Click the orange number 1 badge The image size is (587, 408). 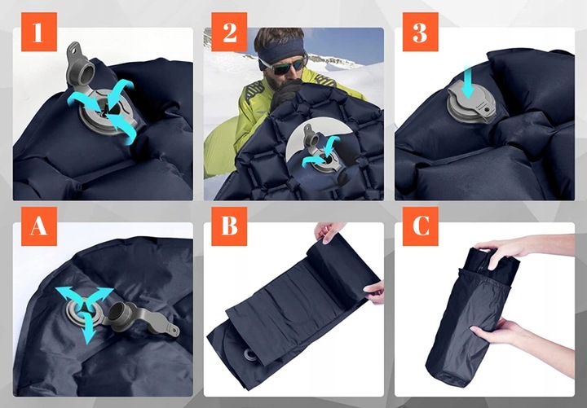click(x=39, y=32)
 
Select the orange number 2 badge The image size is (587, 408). click(x=229, y=32)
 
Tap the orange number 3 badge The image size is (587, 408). click(x=421, y=32)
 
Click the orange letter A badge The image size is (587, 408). click(x=39, y=226)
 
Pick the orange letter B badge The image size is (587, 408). click(x=229, y=226)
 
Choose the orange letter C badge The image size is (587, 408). click(x=421, y=226)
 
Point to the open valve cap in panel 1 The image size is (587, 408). click(x=80, y=64)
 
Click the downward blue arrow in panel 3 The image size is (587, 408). click(x=468, y=81)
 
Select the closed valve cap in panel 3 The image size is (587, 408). click(x=472, y=102)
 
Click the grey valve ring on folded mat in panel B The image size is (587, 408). click(x=249, y=354)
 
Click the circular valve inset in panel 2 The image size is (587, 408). click(x=320, y=148)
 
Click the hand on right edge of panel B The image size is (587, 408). click(x=375, y=291)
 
